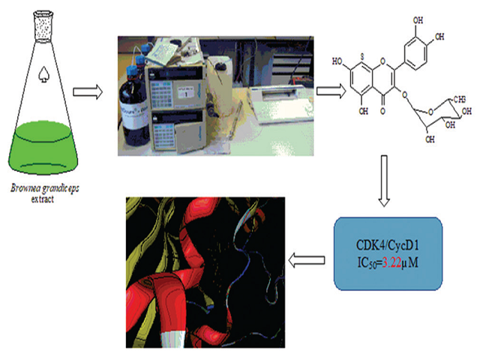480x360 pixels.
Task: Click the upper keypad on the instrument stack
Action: click(x=166, y=86)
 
